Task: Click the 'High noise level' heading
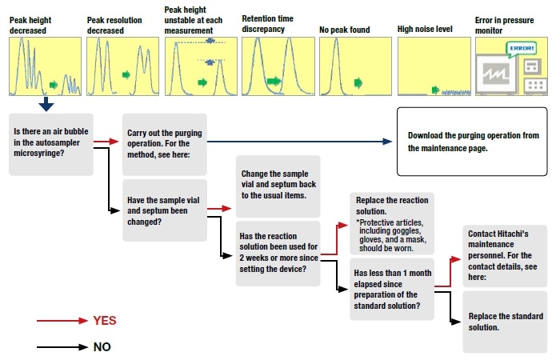click(x=425, y=30)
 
